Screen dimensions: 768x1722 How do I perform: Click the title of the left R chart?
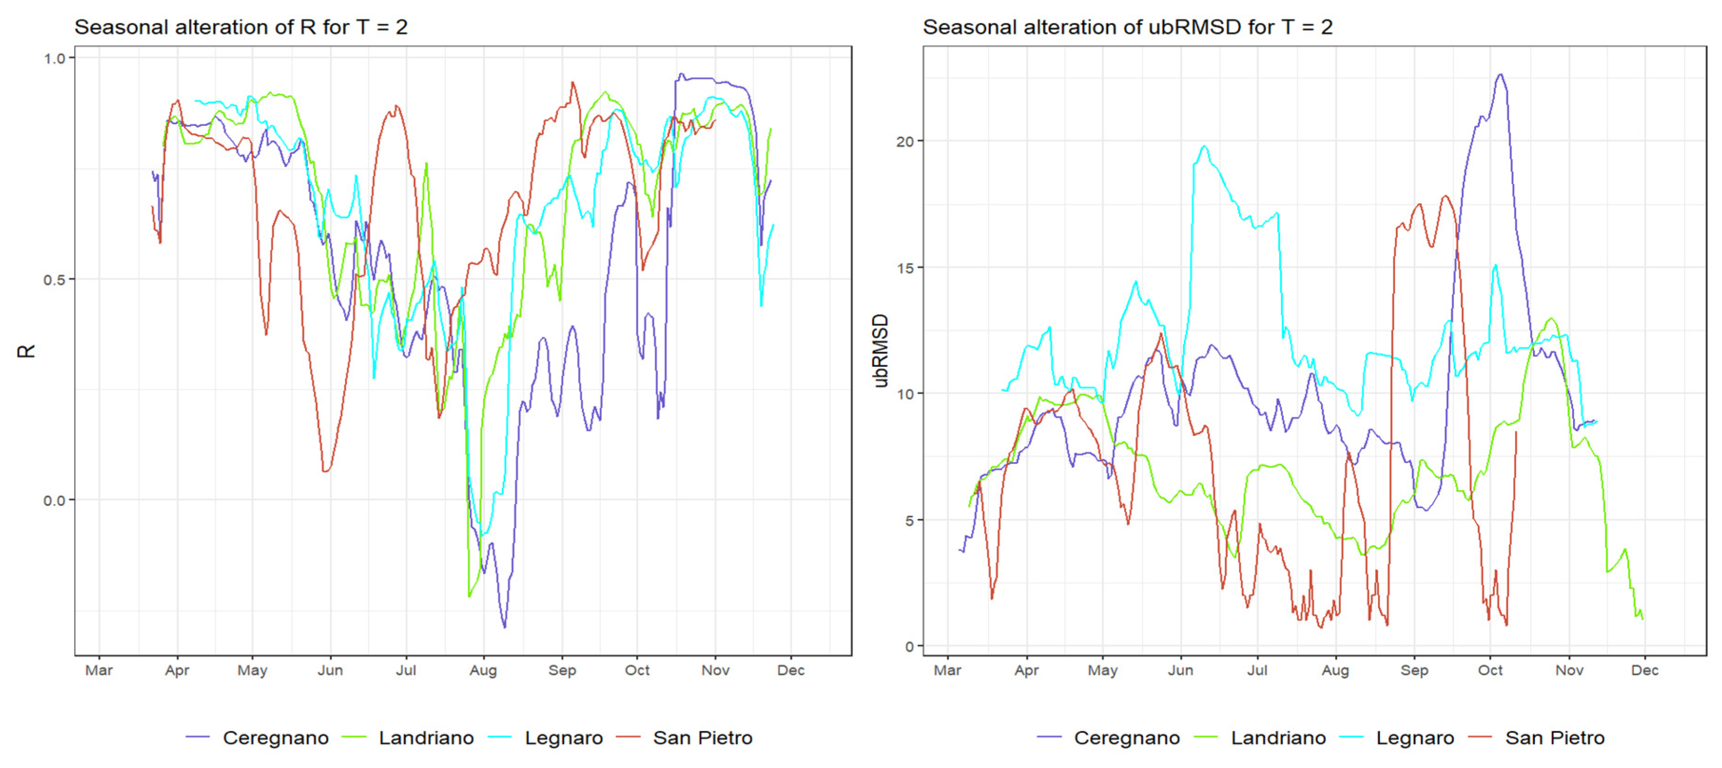click(241, 28)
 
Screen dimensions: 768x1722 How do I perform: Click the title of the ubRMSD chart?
click(1127, 28)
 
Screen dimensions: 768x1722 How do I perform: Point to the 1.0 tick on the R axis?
click(55, 59)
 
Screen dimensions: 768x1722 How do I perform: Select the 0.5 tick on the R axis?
click(55, 279)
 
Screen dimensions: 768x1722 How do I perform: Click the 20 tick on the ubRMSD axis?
click(905, 142)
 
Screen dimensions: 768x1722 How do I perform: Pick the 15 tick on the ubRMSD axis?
click(905, 268)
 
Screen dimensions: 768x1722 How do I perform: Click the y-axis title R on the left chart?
click(25, 351)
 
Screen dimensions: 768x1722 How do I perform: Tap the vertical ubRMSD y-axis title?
click(881, 351)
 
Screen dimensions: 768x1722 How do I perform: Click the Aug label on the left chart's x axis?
click(483, 671)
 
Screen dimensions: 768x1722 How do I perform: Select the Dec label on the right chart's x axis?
click(1645, 671)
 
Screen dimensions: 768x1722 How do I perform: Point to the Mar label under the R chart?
click(99, 671)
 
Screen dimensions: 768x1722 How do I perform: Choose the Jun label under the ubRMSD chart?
click(1180, 671)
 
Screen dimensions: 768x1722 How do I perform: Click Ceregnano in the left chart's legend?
click(275, 738)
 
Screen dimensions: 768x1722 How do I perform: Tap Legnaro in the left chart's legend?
click(564, 738)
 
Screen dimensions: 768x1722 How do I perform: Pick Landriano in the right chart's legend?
click(1278, 738)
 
